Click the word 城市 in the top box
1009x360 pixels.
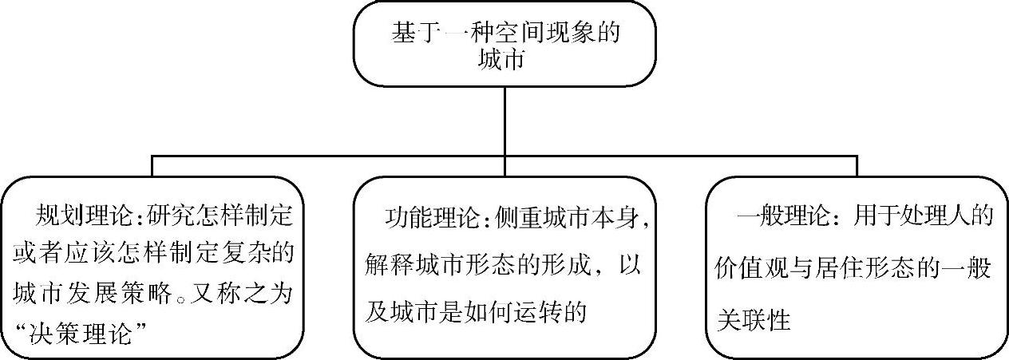coord(504,60)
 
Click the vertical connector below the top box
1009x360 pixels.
coord(504,121)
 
